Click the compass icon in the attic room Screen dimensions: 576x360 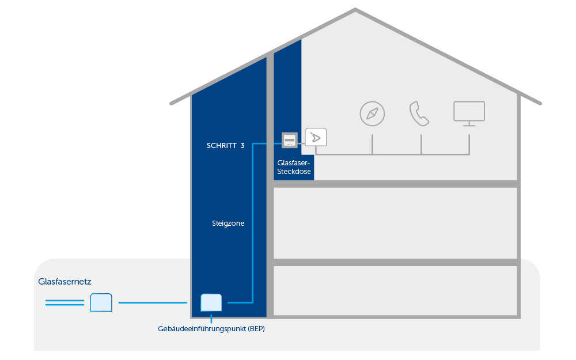point(372,114)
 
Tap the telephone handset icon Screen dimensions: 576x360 point(419,114)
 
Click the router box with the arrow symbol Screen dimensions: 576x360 point(316,137)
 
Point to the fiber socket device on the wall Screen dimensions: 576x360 point(290,140)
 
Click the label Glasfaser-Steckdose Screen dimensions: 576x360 point(294,167)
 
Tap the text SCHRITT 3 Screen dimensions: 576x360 point(226,146)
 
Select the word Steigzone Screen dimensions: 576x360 point(228,223)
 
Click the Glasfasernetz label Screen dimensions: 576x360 point(65,282)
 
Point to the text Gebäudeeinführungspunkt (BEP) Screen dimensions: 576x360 point(211,329)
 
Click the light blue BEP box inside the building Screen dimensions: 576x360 point(211,303)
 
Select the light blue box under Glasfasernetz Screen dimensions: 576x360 point(101,302)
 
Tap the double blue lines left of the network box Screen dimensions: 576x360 point(65,303)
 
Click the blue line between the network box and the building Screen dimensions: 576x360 point(153,303)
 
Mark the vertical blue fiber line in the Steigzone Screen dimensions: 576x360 point(253,223)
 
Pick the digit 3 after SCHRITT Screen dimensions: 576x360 point(242,146)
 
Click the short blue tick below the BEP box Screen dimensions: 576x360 point(211,319)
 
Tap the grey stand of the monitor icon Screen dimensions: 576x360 point(469,124)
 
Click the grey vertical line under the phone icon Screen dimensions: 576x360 point(421,145)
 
